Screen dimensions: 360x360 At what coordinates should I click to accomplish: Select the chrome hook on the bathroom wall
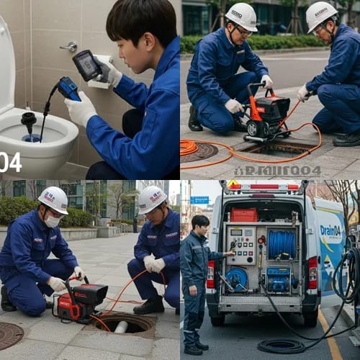[x=69, y=46]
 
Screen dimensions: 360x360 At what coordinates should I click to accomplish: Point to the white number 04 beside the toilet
[x=10, y=162]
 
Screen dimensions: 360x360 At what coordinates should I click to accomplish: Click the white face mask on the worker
[x=53, y=221]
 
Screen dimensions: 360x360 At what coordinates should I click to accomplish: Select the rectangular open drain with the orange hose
[x=276, y=148]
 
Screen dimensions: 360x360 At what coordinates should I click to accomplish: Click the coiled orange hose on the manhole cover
[x=189, y=147]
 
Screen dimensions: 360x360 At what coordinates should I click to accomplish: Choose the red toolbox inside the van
[x=244, y=215]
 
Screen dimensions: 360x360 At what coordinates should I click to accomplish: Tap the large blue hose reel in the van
[x=280, y=244]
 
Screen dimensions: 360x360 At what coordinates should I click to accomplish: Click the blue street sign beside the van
[x=199, y=200]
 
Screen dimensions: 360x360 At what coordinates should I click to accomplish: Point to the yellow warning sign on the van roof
[x=234, y=184]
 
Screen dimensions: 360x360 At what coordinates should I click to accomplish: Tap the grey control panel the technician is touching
[x=243, y=246]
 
